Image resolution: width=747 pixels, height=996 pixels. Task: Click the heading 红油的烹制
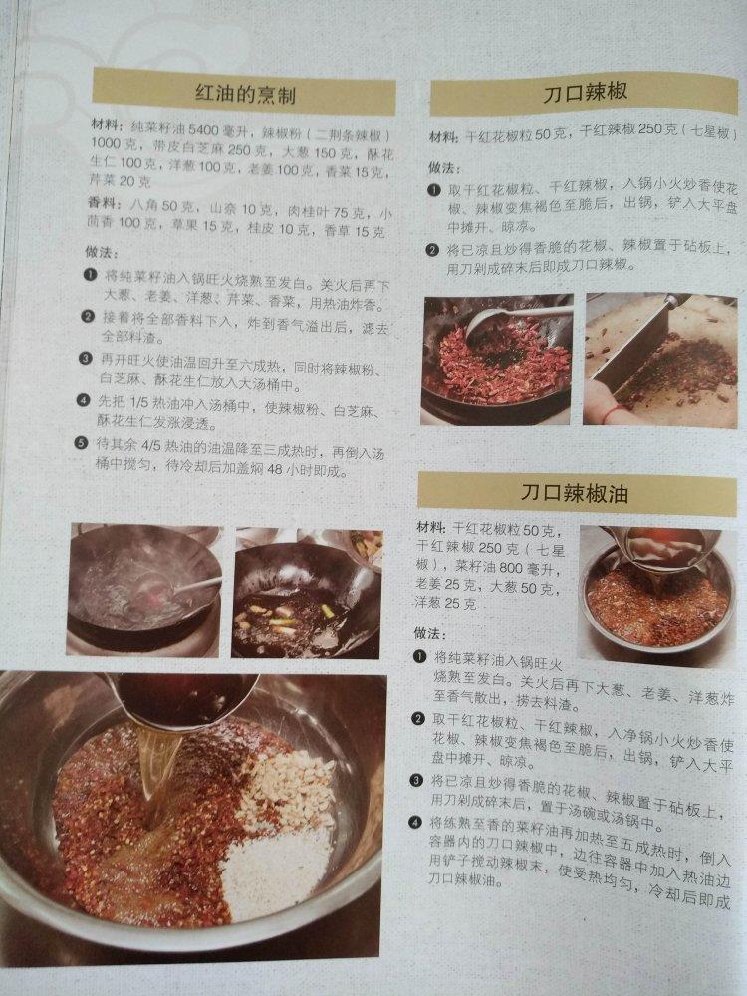(x=245, y=95)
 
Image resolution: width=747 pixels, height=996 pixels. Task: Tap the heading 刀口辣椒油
(x=575, y=493)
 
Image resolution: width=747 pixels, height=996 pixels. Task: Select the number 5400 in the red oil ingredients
(x=203, y=131)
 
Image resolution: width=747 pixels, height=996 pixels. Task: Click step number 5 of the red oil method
(x=81, y=443)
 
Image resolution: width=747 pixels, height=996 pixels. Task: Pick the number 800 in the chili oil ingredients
(x=511, y=568)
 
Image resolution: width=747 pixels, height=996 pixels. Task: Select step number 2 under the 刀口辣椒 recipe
(x=432, y=250)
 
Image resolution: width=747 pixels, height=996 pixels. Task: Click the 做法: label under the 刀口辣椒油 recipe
(x=430, y=633)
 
